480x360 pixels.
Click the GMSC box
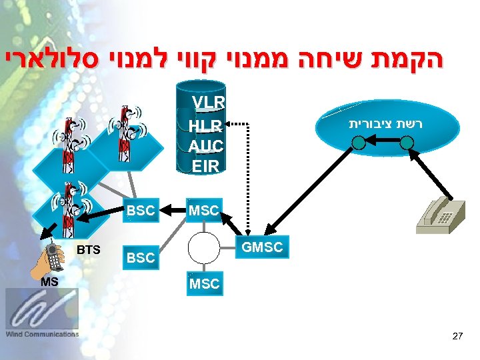pos(263,247)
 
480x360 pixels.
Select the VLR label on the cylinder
pos(209,103)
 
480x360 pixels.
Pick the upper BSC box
pos(140,211)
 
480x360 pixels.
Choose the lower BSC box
pos(140,257)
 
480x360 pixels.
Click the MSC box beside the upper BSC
pos(204,211)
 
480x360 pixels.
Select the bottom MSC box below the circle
pos(204,283)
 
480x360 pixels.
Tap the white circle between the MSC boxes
pos(204,248)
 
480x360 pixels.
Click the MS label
pos(48,281)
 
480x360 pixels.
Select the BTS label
pos(89,249)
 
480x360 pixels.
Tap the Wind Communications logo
pos(42,313)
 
